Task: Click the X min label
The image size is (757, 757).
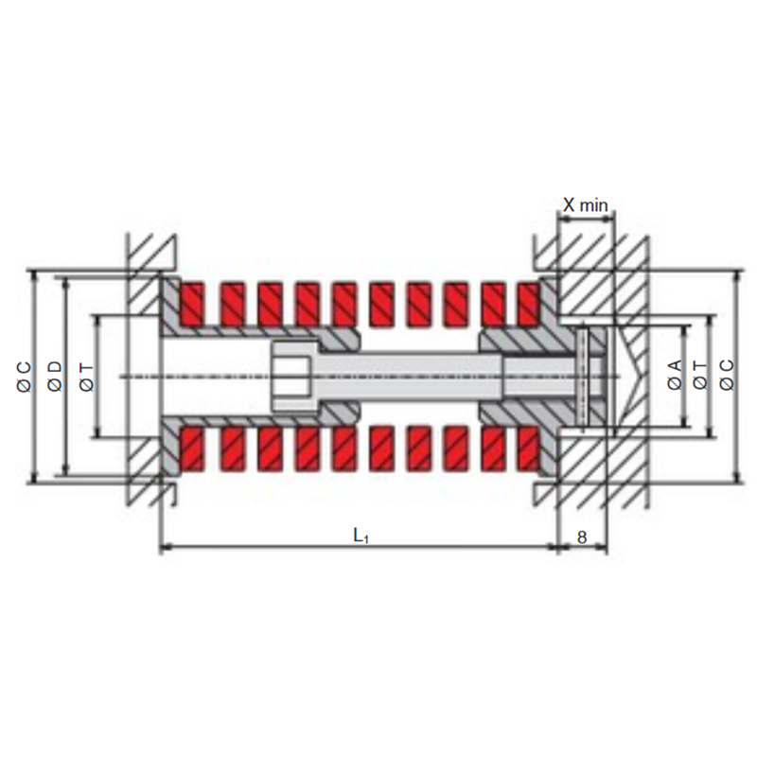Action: [585, 205]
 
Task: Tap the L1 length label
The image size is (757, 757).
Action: [361, 535]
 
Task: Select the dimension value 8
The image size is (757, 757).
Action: [582, 537]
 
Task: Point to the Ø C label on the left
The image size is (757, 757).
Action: [25, 377]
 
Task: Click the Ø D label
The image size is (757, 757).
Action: [55, 376]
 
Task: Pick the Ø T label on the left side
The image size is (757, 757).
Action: [86, 378]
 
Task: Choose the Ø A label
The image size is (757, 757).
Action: [675, 374]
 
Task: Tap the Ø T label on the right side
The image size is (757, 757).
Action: [700, 376]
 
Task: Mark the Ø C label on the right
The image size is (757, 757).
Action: [727, 375]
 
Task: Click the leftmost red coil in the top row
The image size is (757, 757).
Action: [192, 304]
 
